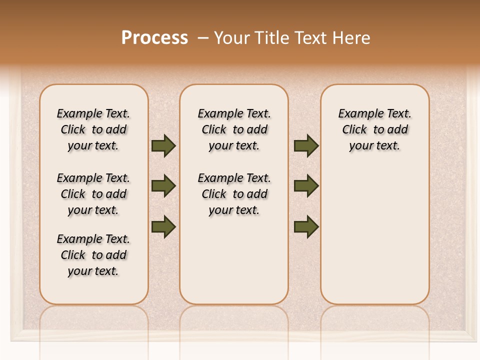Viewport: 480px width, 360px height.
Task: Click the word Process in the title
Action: pyautogui.click(x=154, y=37)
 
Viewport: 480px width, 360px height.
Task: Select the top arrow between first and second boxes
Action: pyautogui.click(x=163, y=146)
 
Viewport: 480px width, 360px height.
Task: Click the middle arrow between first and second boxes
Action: pyautogui.click(x=163, y=186)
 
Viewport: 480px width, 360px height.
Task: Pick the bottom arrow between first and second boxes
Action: pyautogui.click(x=163, y=227)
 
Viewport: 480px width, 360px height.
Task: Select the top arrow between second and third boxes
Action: pyautogui.click(x=306, y=146)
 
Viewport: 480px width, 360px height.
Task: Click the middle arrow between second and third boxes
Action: pyautogui.click(x=306, y=186)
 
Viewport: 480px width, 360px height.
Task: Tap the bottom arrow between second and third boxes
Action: pyautogui.click(x=306, y=227)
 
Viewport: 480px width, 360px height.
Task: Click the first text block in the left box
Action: pyautogui.click(x=93, y=129)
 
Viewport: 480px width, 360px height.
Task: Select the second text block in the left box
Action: pyautogui.click(x=93, y=194)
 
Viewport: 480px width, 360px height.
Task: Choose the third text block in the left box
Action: pyautogui.click(x=93, y=255)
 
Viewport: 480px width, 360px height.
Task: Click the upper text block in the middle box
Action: pyautogui.click(x=234, y=129)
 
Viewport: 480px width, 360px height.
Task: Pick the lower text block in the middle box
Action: pyautogui.click(x=234, y=194)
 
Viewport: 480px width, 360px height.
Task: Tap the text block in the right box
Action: pyautogui.click(x=374, y=129)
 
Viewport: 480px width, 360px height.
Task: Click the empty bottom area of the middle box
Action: pyautogui.click(x=234, y=265)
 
